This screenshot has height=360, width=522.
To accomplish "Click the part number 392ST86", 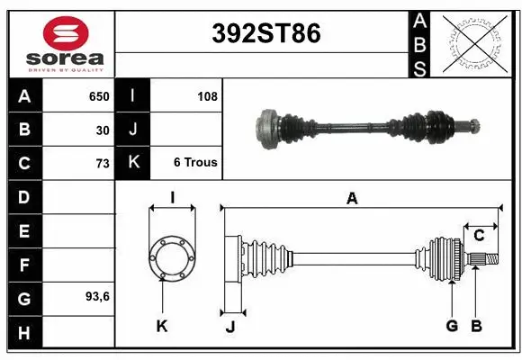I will [x=265, y=34].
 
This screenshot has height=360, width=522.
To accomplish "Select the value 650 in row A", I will [x=98, y=96].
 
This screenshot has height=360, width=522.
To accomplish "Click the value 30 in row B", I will [x=103, y=130].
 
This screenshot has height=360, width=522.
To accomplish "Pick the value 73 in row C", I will [x=103, y=163].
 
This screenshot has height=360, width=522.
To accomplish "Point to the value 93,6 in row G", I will [x=96, y=296].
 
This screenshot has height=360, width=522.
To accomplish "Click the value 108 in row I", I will [x=206, y=96].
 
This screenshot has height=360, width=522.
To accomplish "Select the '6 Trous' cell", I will [x=195, y=163].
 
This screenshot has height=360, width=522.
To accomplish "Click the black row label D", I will [x=23, y=196].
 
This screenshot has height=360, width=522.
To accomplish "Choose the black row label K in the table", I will [x=132, y=163].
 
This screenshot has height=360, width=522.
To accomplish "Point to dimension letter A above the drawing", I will [x=352, y=199].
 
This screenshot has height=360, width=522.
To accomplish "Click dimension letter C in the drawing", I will [x=479, y=236].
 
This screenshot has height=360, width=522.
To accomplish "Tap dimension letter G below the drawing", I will [x=452, y=326].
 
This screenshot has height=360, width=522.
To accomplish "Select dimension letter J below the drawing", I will [x=229, y=327].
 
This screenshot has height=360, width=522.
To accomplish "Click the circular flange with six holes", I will [x=171, y=256].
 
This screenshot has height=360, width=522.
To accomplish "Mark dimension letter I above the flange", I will [x=171, y=196].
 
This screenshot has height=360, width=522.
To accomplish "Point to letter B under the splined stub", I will [x=477, y=326].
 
